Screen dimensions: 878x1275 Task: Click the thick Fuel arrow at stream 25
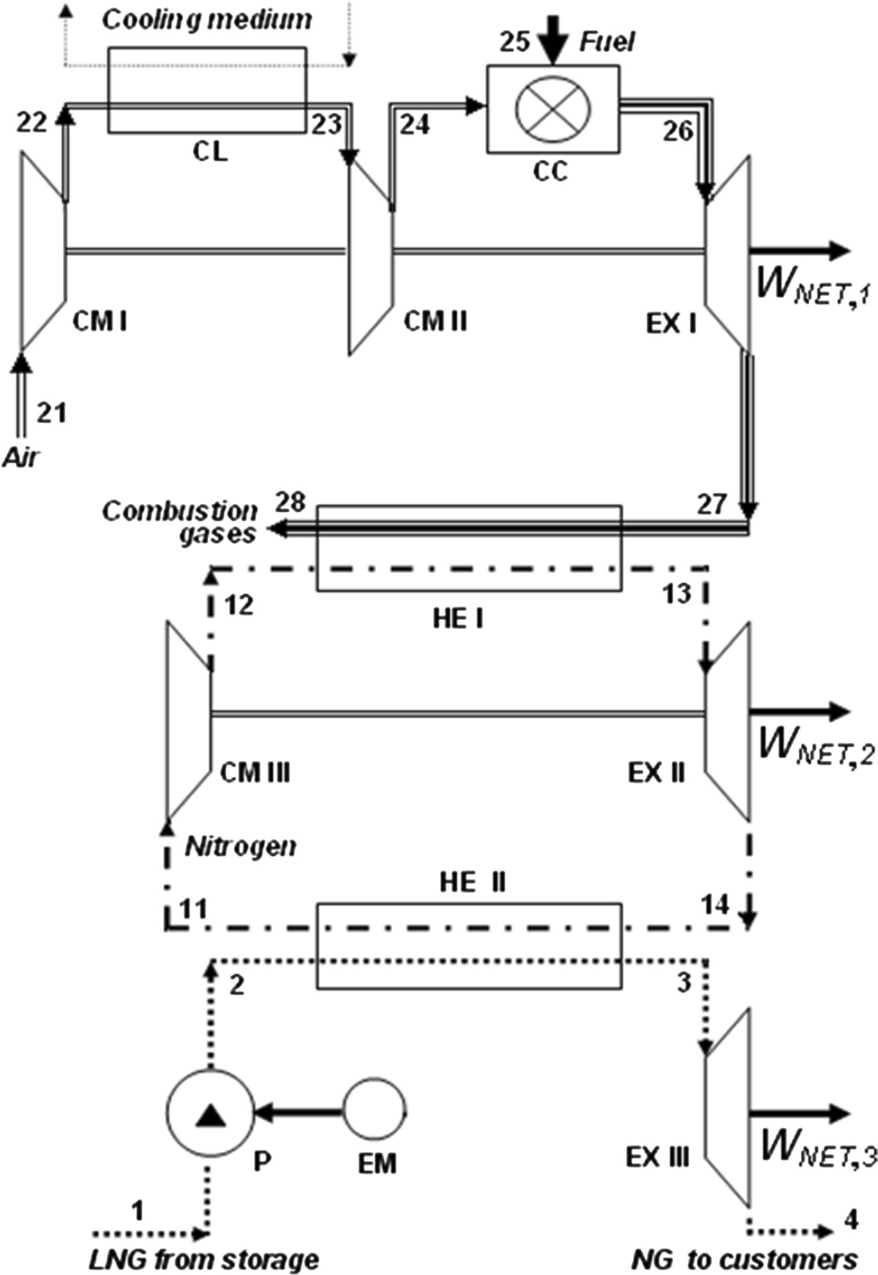click(553, 40)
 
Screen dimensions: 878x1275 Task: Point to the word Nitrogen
click(241, 847)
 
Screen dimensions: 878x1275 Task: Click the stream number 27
click(712, 505)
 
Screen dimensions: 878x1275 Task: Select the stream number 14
click(715, 905)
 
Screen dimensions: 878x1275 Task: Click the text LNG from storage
click(204, 1260)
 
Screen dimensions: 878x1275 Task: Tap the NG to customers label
click(744, 1260)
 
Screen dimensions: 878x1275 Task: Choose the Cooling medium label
click(207, 20)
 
